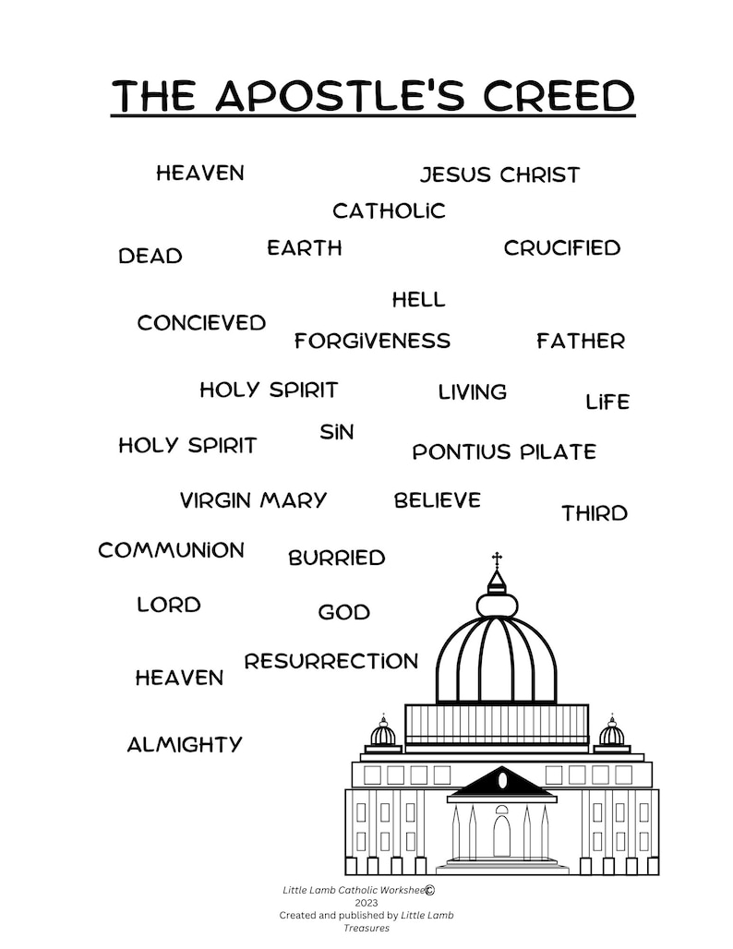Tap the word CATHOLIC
[x=389, y=210]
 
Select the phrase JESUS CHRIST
[x=500, y=174]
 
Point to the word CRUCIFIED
[x=562, y=247]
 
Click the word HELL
[x=418, y=299]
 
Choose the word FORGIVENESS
[x=372, y=341]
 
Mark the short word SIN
[x=337, y=431]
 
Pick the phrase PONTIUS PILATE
[x=504, y=451]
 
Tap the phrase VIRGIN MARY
[x=254, y=500]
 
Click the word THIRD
[x=595, y=513]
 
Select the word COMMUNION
[x=172, y=550]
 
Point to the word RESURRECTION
[x=331, y=661]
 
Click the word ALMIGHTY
[x=185, y=744]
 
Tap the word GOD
[x=343, y=612]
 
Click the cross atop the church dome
[x=497, y=559]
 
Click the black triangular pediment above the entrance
[x=502, y=782]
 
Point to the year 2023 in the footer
[x=366, y=903]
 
